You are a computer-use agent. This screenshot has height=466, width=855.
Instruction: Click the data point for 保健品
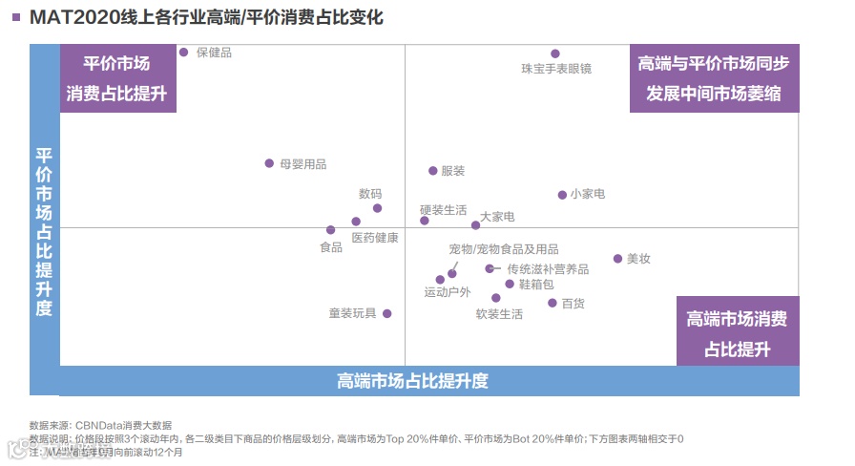[184, 53]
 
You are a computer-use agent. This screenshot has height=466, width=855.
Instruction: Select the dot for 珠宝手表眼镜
[555, 53]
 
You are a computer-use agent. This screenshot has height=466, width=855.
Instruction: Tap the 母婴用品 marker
[269, 163]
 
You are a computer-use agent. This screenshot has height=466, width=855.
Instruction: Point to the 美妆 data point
[617, 259]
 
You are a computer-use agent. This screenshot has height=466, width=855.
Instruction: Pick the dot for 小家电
[562, 195]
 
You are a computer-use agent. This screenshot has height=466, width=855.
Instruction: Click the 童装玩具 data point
[386, 313]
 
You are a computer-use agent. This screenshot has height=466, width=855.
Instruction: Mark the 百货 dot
[553, 303]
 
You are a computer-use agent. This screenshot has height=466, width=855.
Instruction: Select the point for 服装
[432, 171]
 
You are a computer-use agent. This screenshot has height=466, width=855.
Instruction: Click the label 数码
[370, 193]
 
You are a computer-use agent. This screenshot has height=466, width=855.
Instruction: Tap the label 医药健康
[375, 238]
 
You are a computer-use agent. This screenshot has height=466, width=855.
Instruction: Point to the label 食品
[331, 247]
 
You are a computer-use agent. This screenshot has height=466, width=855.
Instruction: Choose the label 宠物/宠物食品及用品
[504, 249]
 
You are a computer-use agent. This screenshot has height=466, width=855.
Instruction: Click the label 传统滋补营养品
[548, 269]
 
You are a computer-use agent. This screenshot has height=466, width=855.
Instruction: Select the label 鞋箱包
[536, 285]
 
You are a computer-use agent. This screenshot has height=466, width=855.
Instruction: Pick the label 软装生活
[499, 314]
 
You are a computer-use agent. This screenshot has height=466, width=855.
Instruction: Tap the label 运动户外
[448, 292]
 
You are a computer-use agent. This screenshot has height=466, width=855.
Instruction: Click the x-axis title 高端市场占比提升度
[412, 381]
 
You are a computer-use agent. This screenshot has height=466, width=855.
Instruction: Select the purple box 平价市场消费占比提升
[118, 78]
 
